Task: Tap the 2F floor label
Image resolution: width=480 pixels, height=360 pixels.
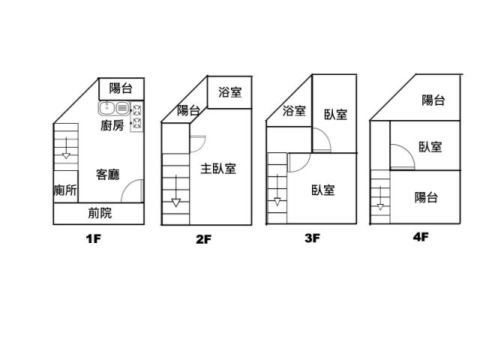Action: tap(203, 240)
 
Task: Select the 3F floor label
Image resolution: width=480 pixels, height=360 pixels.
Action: tap(312, 239)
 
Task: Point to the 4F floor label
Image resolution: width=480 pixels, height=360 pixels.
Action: tap(420, 237)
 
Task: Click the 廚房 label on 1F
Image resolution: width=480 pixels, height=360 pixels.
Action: tap(112, 126)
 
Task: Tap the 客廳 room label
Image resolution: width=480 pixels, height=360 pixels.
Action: tap(108, 175)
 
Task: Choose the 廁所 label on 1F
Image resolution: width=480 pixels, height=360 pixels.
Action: tap(65, 190)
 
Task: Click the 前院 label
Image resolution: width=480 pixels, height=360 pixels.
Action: tap(100, 213)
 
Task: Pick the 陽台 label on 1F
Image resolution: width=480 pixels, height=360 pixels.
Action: tap(121, 88)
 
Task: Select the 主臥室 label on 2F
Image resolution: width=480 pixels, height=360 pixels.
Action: tap(218, 169)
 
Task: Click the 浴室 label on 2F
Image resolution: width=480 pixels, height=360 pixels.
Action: tap(229, 93)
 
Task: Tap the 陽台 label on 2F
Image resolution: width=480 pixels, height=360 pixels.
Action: tap(188, 111)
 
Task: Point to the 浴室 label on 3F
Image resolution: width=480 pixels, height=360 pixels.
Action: tap(294, 111)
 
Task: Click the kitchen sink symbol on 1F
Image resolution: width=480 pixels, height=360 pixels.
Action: tap(114, 108)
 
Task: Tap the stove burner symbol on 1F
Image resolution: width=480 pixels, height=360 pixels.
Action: tap(137, 118)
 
